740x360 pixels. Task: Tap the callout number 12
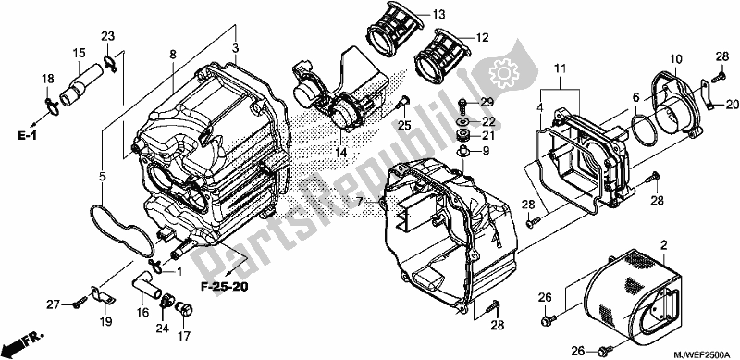[480, 38]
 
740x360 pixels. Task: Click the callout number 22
[487, 121]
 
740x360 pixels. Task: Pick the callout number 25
[402, 124]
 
